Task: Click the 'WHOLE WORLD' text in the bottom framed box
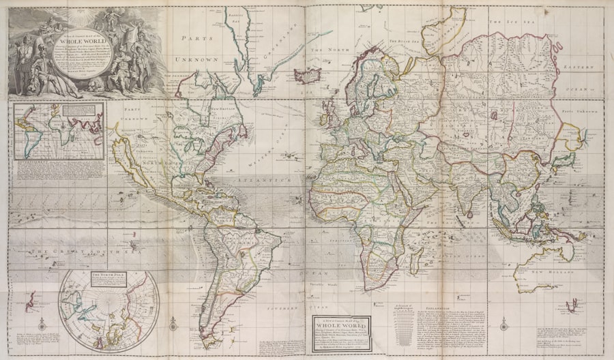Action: [341, 326]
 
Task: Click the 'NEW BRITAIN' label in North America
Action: [222, 109]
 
